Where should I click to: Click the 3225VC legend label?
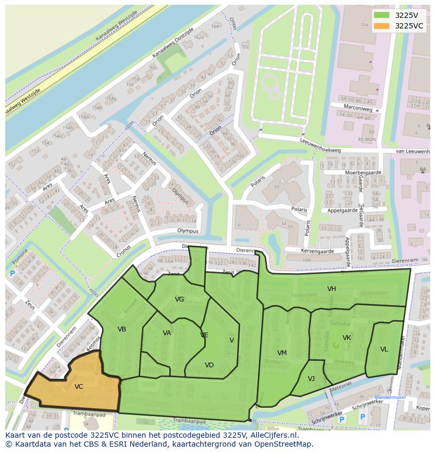point(409,26)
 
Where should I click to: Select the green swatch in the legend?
point(382,15)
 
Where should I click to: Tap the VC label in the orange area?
point(79,387)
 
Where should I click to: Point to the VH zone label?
point(332,289)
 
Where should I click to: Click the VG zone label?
point(180,299)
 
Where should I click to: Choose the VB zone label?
point(122,329)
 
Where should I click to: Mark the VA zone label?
point(167,333)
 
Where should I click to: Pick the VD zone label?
point(209,365)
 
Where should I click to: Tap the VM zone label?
point(282,353)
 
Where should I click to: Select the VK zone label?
point(347,338)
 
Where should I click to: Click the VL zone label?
point(384,349)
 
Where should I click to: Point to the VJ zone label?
point(311,379)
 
